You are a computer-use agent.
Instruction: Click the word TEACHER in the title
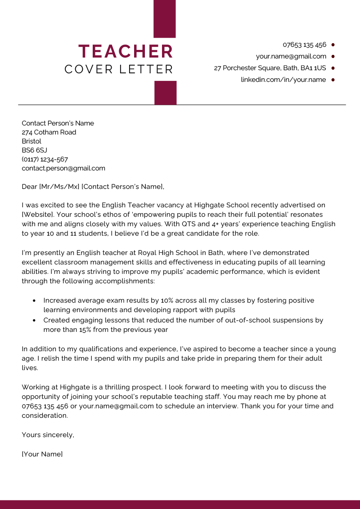126,51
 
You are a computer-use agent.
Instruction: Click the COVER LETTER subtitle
119,70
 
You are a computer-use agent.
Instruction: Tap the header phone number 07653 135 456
304,45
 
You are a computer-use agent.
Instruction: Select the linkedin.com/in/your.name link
283,80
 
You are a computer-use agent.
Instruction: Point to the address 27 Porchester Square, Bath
270,68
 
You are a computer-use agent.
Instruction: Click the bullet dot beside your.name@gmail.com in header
333,57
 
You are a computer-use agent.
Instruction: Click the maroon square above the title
165,18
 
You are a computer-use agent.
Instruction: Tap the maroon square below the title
165,93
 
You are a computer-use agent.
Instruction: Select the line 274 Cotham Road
49,132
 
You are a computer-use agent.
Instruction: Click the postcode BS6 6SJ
34,150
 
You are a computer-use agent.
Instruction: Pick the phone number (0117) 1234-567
45,159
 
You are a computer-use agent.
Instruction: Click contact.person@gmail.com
63,168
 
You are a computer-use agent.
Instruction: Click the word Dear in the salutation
29,186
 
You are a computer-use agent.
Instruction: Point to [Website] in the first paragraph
37,214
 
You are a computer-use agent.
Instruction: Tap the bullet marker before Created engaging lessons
35,321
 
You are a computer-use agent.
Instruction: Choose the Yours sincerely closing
48,435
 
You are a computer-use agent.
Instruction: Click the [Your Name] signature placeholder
42,454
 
